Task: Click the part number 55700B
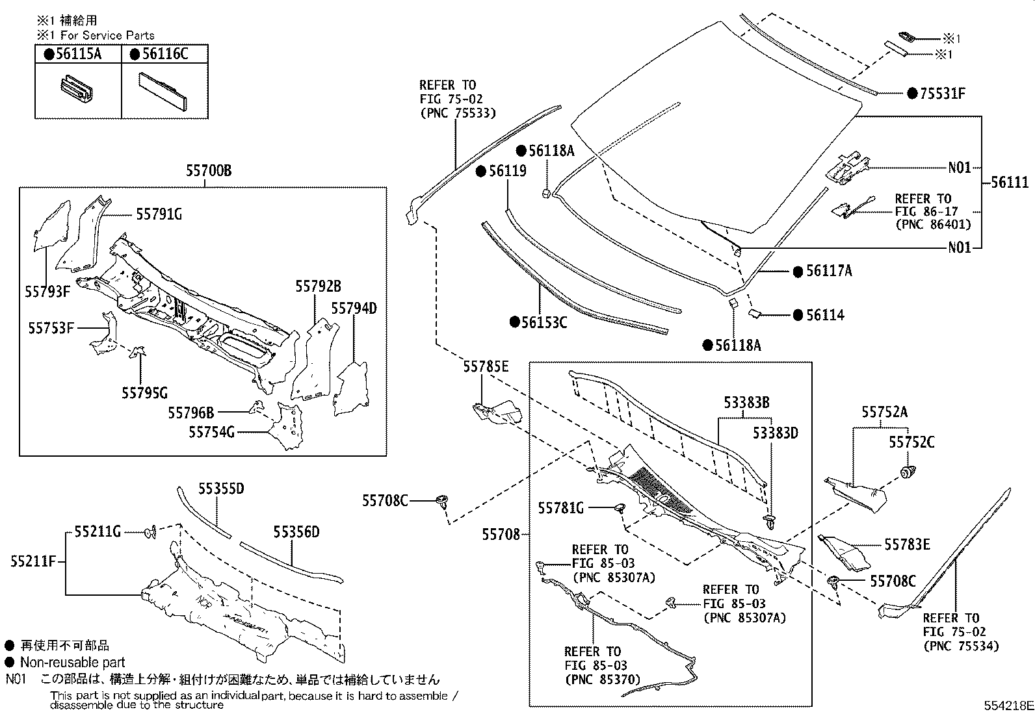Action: point(208,171)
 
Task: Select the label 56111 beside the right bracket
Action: point(1010,183)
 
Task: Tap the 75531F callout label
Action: point(942,94)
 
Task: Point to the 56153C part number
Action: point(544,322)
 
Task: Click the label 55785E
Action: point(486,367)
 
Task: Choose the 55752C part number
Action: point(911,442)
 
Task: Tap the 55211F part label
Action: point(33,560)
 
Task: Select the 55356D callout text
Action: point(296,533)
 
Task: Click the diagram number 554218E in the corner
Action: point(1008,706)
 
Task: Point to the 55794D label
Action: point(354,308)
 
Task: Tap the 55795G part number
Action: point(144,392)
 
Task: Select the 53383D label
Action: point(775,433)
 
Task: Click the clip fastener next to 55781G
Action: point(619,507)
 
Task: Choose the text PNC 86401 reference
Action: point(932,225)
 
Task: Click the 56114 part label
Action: point(825,315)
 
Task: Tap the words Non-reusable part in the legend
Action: point(72,663)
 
